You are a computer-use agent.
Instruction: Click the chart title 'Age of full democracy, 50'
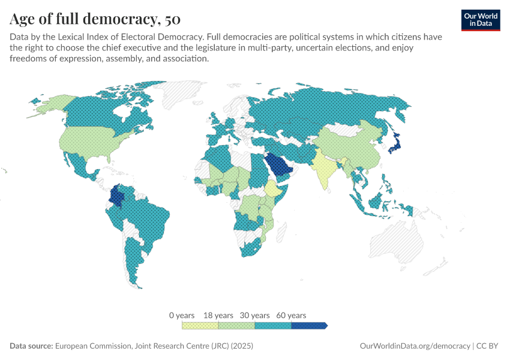(95, 20)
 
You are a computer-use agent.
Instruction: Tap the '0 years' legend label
(182, 315)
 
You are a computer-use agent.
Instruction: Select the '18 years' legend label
(218, 315)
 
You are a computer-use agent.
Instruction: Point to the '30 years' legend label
(255, 315)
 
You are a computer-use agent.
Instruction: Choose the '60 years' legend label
(292, 315)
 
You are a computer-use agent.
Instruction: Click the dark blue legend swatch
(309, 326)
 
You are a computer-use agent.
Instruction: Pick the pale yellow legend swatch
(200, 326)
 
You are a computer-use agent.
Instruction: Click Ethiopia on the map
(274, 191)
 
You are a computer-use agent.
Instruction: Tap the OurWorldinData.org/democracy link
(415, 346)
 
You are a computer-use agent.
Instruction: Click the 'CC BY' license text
(489, 346)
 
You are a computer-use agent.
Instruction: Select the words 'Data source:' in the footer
(31, 346)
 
